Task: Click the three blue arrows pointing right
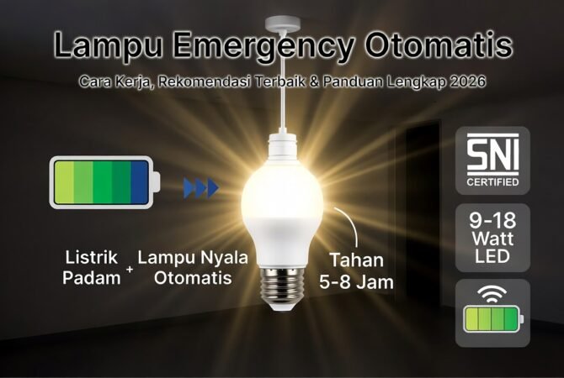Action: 200,187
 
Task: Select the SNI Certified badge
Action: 492,161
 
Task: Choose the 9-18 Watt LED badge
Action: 492,237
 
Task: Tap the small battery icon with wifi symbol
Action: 492,313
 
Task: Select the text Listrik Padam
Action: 92,267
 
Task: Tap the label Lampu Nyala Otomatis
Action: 193,267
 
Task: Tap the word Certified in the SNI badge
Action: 492,181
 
